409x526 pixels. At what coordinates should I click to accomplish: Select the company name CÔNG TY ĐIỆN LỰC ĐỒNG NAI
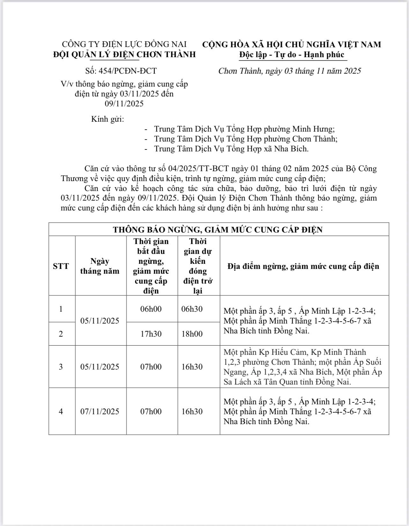click(x=124, y=44)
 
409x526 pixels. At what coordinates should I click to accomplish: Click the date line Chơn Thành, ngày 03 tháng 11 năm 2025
click(x=289, y=71)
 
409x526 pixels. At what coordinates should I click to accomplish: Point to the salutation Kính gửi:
click(x=108, y=119)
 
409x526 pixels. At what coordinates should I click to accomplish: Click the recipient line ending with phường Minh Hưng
click(x=244, y=129)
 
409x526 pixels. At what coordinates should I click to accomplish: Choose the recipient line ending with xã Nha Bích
click(x=231, y=149)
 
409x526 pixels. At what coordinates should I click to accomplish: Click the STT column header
click(x=61, y=266)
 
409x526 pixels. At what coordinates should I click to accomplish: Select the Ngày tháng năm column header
click(x=100, y=266)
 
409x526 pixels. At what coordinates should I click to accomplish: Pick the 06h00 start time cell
click(x=151, y=309)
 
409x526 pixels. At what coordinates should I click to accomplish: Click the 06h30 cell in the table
click(x=192, y=309)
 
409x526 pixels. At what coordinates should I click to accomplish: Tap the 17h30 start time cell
click(x=151, y=334)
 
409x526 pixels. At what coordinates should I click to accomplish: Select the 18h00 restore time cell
click(x=192, y=334)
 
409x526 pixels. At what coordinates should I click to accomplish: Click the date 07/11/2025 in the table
click(x=100, y=411)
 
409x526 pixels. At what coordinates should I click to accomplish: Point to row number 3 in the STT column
click(x=61, y=367)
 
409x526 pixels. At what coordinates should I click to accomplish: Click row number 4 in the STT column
click(x=61, y=411)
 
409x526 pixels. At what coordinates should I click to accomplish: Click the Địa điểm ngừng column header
click(x=303, y=266)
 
